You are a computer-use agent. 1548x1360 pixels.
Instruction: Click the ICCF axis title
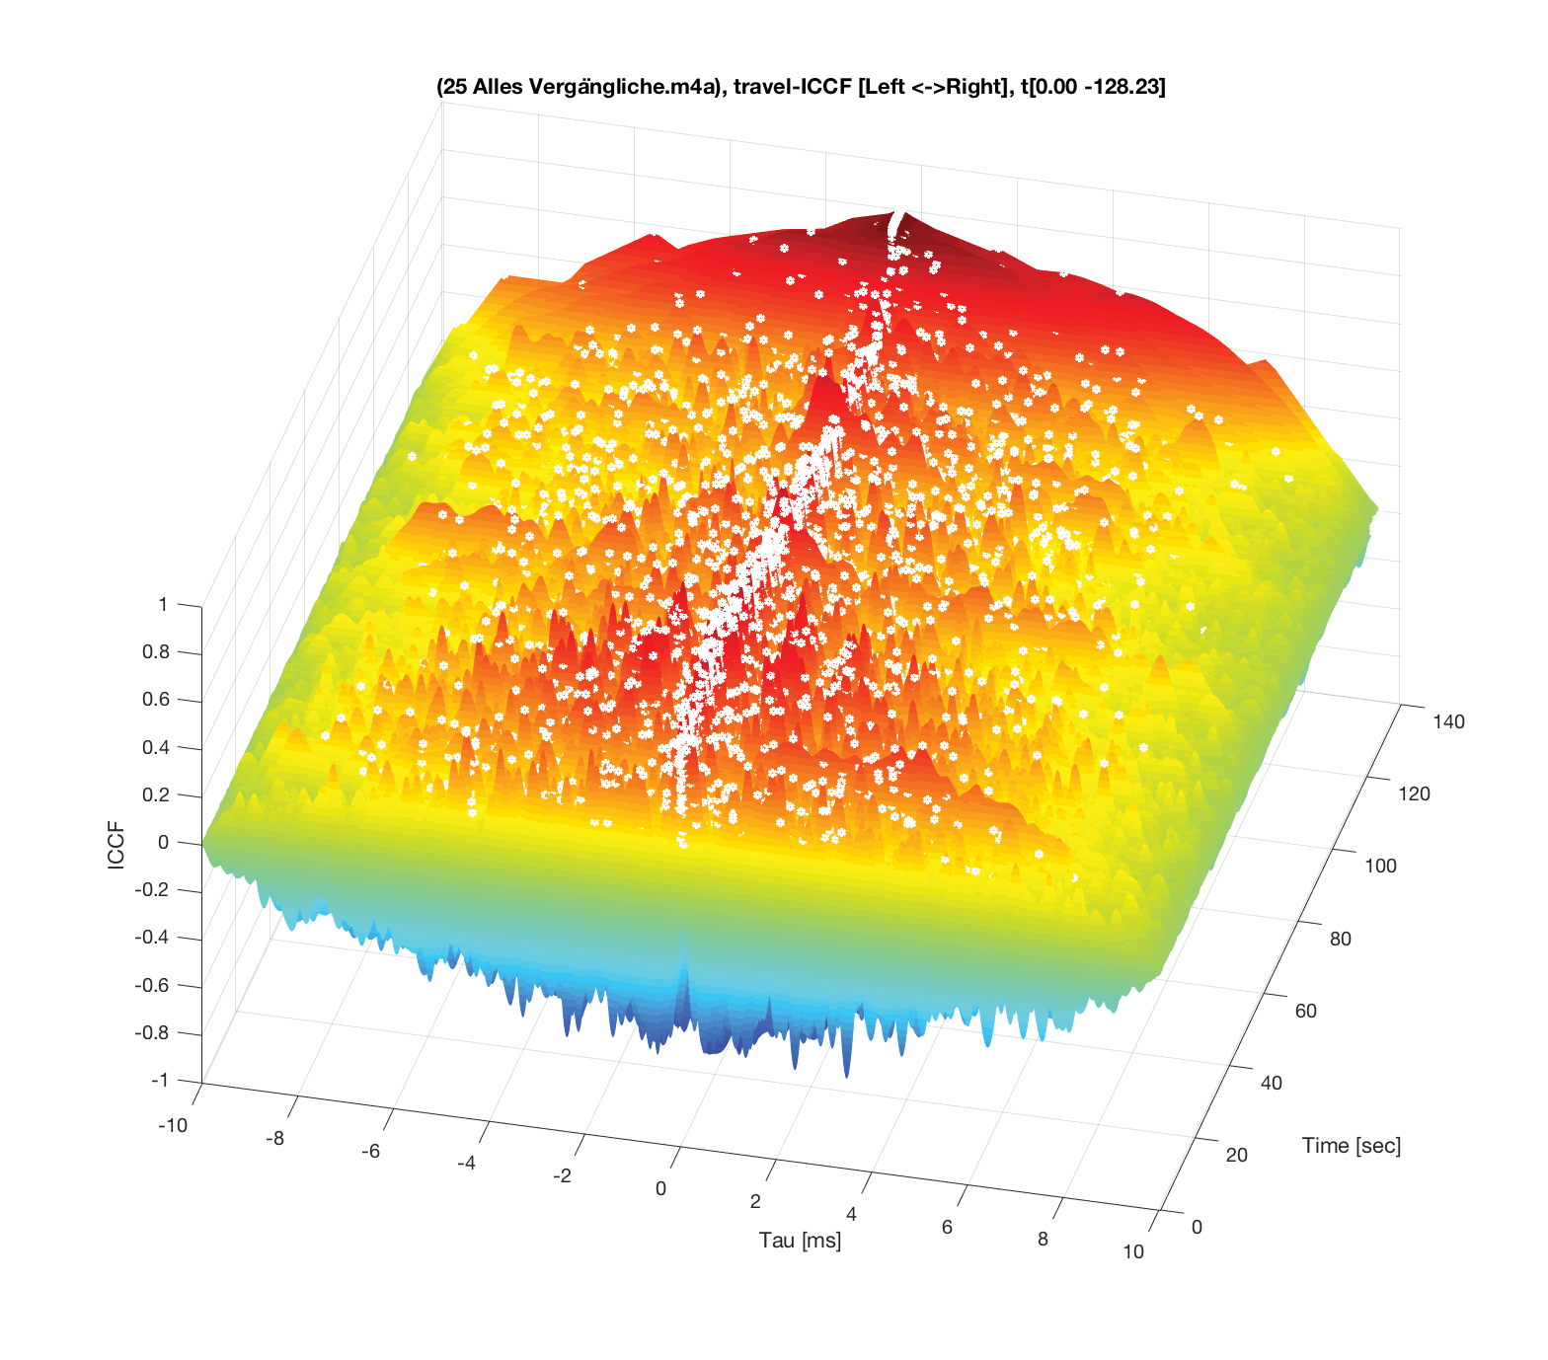pos(116,845)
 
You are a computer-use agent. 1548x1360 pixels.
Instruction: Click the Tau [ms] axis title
pos(800,1241)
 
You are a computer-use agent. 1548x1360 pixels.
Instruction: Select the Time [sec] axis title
pos(1351,1146)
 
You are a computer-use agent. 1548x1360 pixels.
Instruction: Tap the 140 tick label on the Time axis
pos(1448,721)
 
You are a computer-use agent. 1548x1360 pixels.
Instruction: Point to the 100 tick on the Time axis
pos(1380,867)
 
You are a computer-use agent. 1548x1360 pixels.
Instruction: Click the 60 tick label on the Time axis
pos(1305,1011)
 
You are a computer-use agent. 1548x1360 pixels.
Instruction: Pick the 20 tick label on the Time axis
pos(1237,1155)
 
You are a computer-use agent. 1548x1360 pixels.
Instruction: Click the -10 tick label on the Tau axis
pos(172,1125)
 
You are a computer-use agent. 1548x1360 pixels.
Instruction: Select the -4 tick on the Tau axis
pos(466,1164)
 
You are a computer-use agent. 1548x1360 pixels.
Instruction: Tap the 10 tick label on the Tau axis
pos(1133,1251)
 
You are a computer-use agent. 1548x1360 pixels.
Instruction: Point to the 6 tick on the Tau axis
pos(947,1227)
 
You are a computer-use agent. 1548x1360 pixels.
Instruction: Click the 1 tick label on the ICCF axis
pos(163,604)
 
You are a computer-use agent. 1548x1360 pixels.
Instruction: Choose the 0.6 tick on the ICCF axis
pos(156,700)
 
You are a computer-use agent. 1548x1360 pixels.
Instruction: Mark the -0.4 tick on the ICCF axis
pos(152,938)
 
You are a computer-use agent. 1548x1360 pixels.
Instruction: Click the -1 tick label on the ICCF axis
pos(159,1080)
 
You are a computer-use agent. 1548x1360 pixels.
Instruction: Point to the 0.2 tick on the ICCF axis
pos(156,794)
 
